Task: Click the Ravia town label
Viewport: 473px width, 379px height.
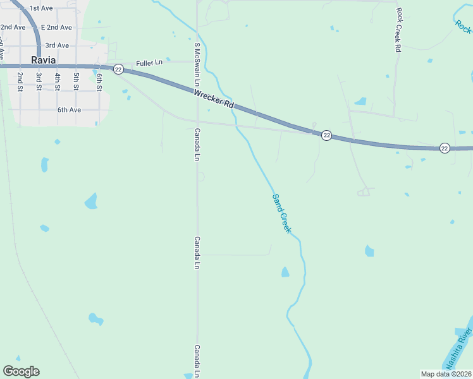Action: [44, 60]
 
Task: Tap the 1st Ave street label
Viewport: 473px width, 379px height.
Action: [41, 8]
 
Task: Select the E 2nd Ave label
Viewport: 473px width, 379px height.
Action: [56, 27]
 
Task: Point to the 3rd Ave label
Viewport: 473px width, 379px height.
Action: [57, 45]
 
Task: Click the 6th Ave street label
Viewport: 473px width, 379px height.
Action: [70, 110]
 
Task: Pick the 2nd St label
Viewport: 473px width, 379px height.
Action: [20, 81]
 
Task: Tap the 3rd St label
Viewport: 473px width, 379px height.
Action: [39, 81]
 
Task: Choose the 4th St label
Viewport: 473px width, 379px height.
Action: [58, 81]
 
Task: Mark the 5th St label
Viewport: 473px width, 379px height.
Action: [76, 81]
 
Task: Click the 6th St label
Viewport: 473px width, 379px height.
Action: [99, 82]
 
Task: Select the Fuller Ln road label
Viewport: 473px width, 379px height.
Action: [149, 63]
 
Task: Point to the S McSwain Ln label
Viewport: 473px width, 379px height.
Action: [197, 64]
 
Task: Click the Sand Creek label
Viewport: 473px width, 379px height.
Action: [281, 214]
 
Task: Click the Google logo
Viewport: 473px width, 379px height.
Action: [21, 371]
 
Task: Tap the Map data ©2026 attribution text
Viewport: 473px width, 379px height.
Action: [446, 373]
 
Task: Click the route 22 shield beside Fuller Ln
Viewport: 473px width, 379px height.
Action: [118, 69]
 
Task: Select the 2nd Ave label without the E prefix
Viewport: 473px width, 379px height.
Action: [13, 27]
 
